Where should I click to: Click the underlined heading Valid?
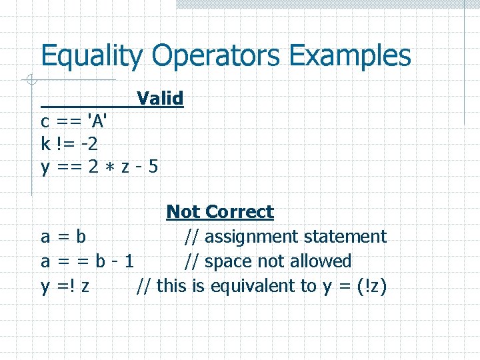160,99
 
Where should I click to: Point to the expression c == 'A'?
75,122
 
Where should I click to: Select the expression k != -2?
70,143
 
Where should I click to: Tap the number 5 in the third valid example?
153,166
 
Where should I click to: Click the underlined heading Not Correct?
220,212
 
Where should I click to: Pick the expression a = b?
63,237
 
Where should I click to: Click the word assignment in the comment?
252,237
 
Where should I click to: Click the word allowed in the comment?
321,261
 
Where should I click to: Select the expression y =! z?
66,287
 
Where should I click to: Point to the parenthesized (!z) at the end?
371,287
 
